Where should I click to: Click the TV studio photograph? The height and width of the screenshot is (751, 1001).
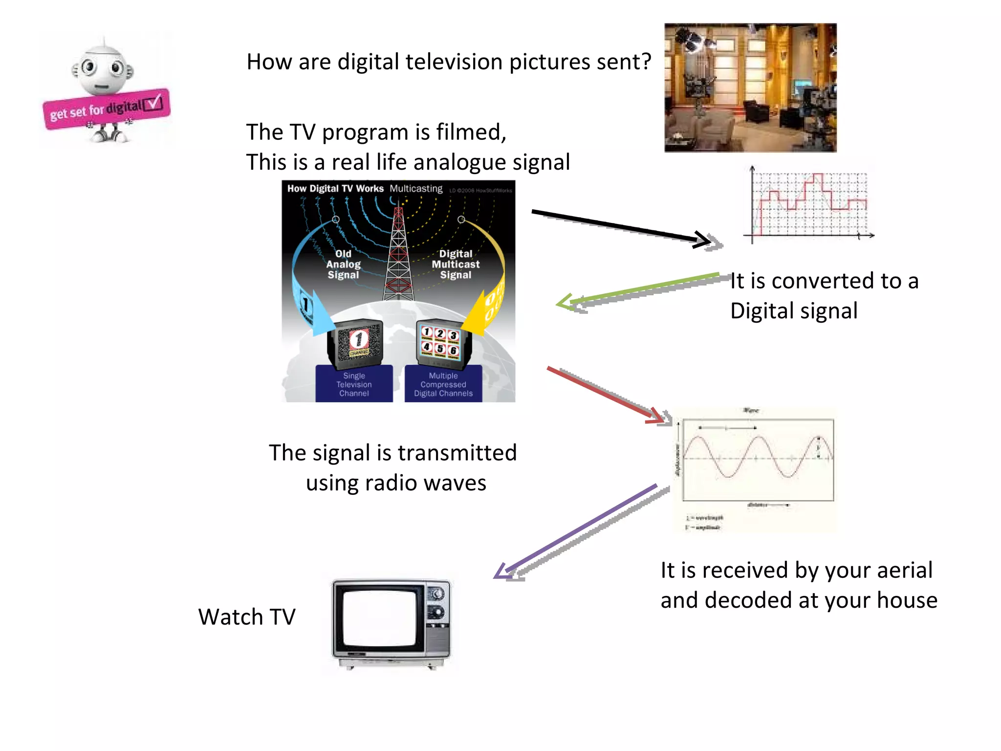tap(750, 88)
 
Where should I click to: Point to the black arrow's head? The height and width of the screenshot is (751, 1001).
tap(704, 240)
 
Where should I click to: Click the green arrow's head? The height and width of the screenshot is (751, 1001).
tap(565, 303)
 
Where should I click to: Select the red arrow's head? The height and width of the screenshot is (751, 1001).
tap(657, 417)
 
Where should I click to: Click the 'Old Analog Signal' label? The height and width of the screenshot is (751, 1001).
tap(343, 264)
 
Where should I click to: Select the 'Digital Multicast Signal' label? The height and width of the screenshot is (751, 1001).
tap(456, 264)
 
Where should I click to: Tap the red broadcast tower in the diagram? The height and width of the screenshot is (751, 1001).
tap(398, 254)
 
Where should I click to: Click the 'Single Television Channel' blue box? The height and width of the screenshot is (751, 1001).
tap(354, 384)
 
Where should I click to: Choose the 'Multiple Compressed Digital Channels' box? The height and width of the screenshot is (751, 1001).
tap(443, 384)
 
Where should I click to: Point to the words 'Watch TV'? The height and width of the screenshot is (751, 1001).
tap(247, 617)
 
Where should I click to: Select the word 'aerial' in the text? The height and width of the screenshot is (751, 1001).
tap(904, 571)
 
